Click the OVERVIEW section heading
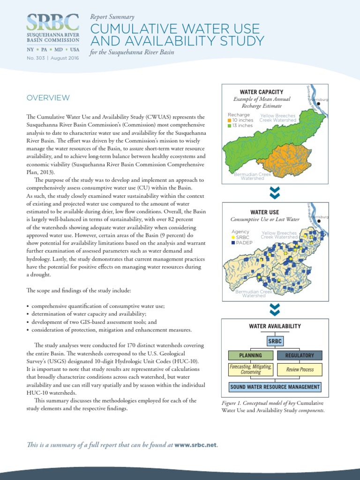pyautogui.click(x=48, y=97)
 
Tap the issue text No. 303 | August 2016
pyautogui.click(x=52, y=58)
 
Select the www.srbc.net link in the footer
pyautogui.click(x=196, y=445)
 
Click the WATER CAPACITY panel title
pyautogui.click(x=262, y=92)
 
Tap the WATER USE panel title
pyautogui.click(x=264, y=212)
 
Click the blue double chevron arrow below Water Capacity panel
pyautogui.click(x=275, y=192)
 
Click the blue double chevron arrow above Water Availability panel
pyautogui.click(x=275, y=308)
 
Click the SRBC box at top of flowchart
pyautogui.click(x=275, y=341)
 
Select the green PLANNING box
pyautogui.click(x=250, y=356)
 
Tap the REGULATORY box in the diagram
pyautogui.click(x=300, y=356)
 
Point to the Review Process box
pyautogui.click(x=300, y=369)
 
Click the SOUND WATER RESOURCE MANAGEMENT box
pyautogui.click(x=275, y=387)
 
